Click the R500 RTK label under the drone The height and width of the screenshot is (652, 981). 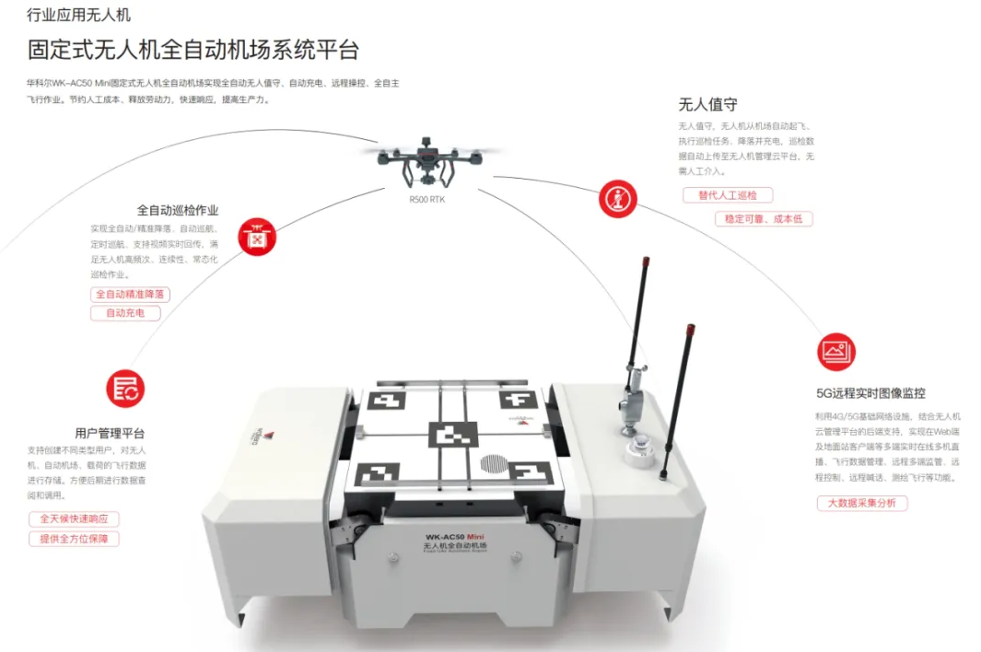(x=426, y=198)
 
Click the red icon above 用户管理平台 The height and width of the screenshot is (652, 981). (x=125, y=388)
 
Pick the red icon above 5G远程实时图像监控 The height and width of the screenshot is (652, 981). (x=835, y=351)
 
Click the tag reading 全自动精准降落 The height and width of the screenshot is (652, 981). (x=130, y=294)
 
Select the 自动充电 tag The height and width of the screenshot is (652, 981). (x=125, y=313)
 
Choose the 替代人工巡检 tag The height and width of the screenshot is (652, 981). (x=728, y=195)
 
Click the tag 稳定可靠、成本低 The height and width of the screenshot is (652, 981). (x=764, y=219)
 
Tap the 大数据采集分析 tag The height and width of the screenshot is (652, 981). (x=861, y=503)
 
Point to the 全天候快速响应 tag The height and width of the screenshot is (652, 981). (x=74, y=518)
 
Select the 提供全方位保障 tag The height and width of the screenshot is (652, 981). (x=74, y=539)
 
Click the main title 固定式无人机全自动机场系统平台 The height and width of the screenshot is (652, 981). (x=193, y=50)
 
